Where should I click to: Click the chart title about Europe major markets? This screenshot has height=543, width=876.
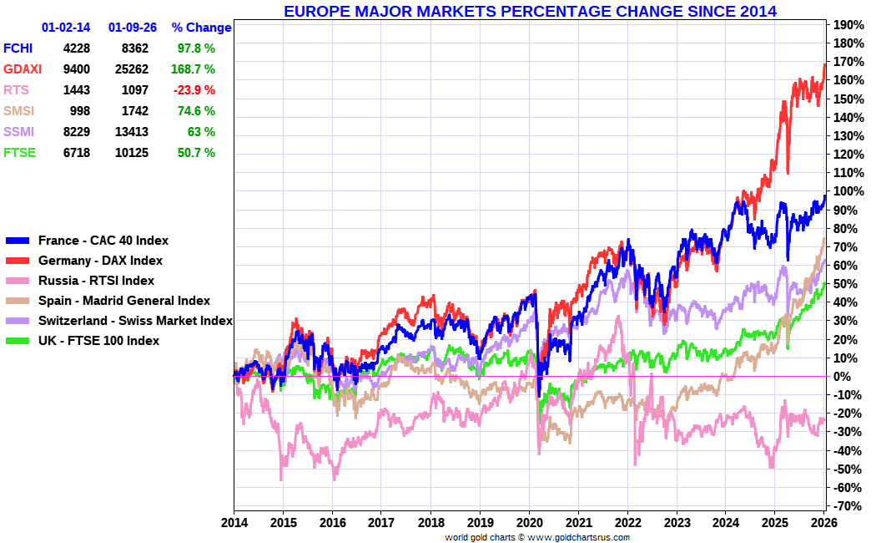[530, 12]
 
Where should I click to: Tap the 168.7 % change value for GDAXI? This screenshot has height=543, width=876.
[194, 69]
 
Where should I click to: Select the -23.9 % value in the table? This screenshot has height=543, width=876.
[194, 90]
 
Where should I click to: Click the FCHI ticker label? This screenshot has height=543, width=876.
[19, 48]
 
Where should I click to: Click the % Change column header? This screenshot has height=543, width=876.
[201, 28]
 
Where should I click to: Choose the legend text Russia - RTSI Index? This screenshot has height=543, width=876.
[96, 281]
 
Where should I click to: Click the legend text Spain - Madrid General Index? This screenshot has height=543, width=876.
[124, 301]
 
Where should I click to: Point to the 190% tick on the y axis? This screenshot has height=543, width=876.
[847, 25]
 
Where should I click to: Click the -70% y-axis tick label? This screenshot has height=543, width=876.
[847, 506]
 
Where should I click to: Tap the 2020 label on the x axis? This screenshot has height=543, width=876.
[529, 522]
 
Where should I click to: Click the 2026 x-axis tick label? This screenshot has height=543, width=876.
[824, 522]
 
